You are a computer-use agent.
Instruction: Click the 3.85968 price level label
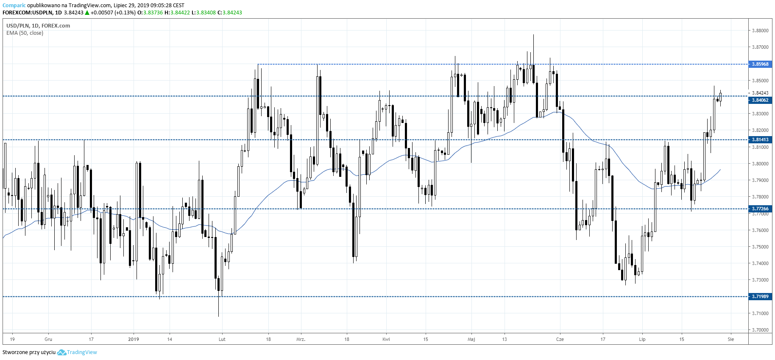click(x=760, y=64)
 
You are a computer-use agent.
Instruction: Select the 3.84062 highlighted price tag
click(x=760, y=100)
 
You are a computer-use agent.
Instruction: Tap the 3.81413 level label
click(x=760, y=140)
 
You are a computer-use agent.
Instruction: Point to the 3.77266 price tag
click(x=760, y=209)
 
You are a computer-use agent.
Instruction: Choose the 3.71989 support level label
click(x=760, y=296)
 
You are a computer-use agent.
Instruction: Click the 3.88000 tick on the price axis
click(x=760, y=31)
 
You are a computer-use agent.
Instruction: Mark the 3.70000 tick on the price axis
click(x=760, y=330)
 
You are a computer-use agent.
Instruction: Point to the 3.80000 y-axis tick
click(x=760, y=164)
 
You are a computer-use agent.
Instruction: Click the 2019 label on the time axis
click(x=134, y=339)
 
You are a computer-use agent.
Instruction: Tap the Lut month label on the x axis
click(x=222, y=339)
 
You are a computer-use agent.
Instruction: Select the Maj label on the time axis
click(x=471, y=339)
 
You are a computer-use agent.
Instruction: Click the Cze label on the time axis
click(x=560, y=339)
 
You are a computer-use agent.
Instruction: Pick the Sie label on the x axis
click(x=730, y=339)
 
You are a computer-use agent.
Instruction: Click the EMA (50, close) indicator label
click(x=25, y=33)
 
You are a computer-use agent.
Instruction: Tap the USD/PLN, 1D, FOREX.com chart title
click(x=38, y=25)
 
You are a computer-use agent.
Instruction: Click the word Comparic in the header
click(x=14, y=6)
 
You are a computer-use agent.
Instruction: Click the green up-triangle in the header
click(x=87, y=13)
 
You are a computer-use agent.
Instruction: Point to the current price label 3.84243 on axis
click(x=760, y=93)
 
